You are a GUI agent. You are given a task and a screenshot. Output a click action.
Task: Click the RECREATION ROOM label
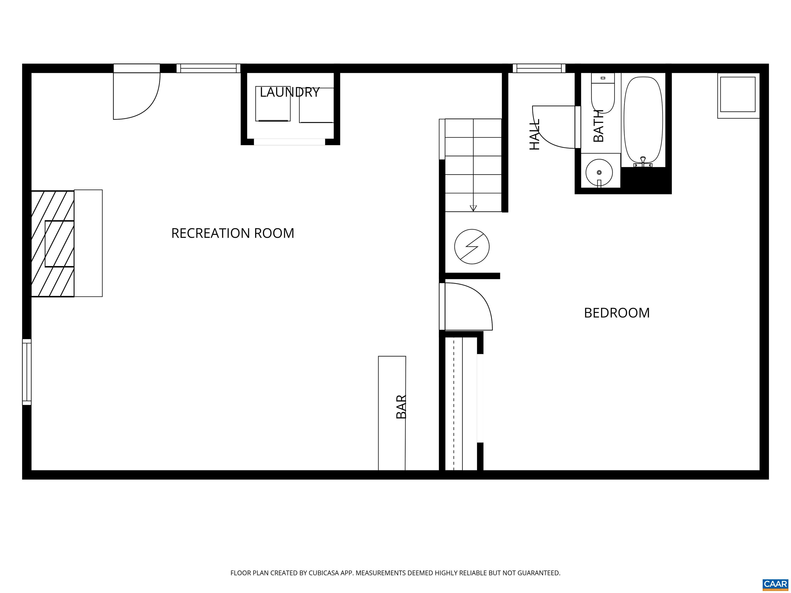click(x=233, y=233)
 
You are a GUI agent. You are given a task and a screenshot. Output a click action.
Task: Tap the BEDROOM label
click(x=616, y=313)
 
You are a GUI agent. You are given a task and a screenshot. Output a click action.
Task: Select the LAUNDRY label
click(x=289, y=92)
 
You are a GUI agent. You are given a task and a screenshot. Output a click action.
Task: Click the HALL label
click(x=534, y=134)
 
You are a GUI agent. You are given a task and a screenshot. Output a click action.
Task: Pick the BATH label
click(x=598, y=126)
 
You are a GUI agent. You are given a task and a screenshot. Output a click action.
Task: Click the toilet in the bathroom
click(x=603, y=94)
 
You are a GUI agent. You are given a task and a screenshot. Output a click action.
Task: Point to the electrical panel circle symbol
click(x=472, y=247)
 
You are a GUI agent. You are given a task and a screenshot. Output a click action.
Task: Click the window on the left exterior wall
click(x=27, y=372)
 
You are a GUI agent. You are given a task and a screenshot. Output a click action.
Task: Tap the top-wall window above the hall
click(x=539, y=68)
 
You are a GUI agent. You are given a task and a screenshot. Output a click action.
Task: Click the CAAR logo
click(x=775, y=584)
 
